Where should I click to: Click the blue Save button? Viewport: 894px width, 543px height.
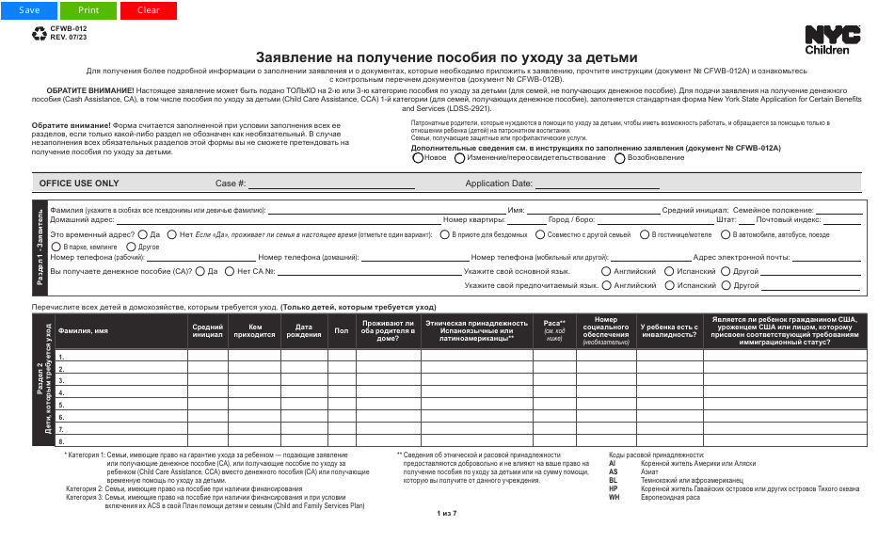(x=29, y=10)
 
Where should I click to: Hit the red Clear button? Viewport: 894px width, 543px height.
(x=148, y=10)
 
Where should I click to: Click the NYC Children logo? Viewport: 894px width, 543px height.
(x=832, y=40)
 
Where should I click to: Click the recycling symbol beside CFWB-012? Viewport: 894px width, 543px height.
(x=39, y=33)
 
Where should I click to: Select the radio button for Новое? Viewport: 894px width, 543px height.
(x=418, y=158)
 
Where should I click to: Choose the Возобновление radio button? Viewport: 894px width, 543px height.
(x=619, y=158)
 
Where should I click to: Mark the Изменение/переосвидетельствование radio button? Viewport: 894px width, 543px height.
(x=460, y=158)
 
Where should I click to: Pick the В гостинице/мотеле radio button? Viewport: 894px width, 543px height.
(x=645, y=234)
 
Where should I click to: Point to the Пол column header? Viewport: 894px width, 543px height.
(x=341, y=330)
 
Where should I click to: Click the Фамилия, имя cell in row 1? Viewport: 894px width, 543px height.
(x=120, y=358)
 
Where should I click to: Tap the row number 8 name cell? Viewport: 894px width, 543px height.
(x=120, y=440)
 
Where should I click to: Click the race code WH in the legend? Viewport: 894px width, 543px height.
(x=614, y=497)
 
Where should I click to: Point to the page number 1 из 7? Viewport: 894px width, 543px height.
(x=447, y=513)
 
